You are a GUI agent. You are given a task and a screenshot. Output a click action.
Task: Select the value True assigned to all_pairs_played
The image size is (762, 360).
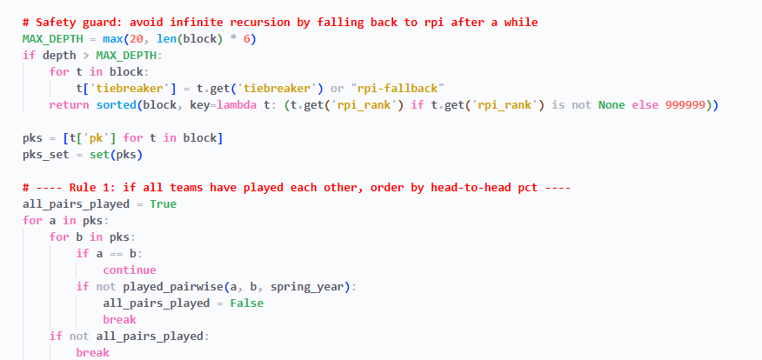[164, 203]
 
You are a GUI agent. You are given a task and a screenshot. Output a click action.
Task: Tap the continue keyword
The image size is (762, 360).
[130, 270]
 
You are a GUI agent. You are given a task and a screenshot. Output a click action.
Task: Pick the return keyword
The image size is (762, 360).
[70, 104]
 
